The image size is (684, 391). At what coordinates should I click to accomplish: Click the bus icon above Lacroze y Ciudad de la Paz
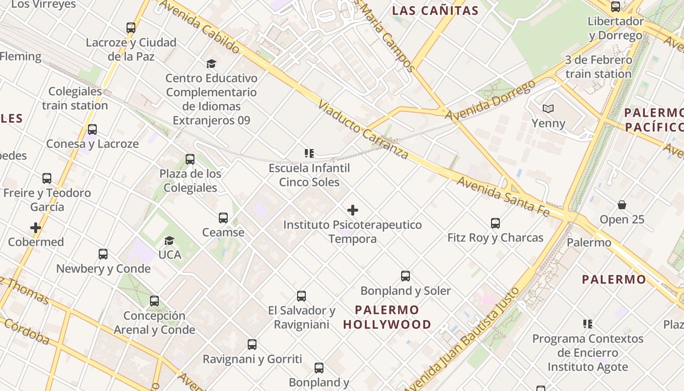[x=130, y=28]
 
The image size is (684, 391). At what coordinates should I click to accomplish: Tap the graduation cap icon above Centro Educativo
[x=211, y=64]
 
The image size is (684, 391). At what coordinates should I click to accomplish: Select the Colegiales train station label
[x=75, y=98]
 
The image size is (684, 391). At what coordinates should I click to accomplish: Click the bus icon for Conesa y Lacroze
[x=92, y=130]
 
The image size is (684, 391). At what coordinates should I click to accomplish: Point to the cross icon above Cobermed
[x=36, y=228]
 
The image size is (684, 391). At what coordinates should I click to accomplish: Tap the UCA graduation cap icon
[x=170, y=240]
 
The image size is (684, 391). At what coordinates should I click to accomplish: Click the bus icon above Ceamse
[x=223, y=218]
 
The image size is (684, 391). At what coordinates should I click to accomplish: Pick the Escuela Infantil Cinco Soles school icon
[x=309, y=153]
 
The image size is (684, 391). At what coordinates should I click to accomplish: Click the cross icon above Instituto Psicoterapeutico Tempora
[x=353, y=210]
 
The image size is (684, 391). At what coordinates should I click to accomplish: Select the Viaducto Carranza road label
[x=363, y=130]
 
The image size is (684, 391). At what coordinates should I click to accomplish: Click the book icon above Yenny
[x=548, y=109]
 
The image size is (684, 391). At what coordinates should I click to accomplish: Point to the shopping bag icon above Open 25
[x=622, y=205]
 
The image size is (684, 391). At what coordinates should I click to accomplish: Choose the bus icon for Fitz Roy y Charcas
[x=495, y=223]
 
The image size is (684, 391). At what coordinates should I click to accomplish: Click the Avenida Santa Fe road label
[x=503, y=196]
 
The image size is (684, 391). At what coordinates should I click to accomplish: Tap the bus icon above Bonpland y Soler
[x=406, y=276]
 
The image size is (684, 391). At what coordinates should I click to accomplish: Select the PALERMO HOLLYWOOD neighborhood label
[x=387, y=317]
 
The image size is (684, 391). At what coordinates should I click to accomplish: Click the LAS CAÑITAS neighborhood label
[x=435, y=11]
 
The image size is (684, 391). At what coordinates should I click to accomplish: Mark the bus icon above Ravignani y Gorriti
[x=252, y=345]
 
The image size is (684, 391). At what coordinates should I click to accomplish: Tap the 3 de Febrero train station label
[x=598, y=67]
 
